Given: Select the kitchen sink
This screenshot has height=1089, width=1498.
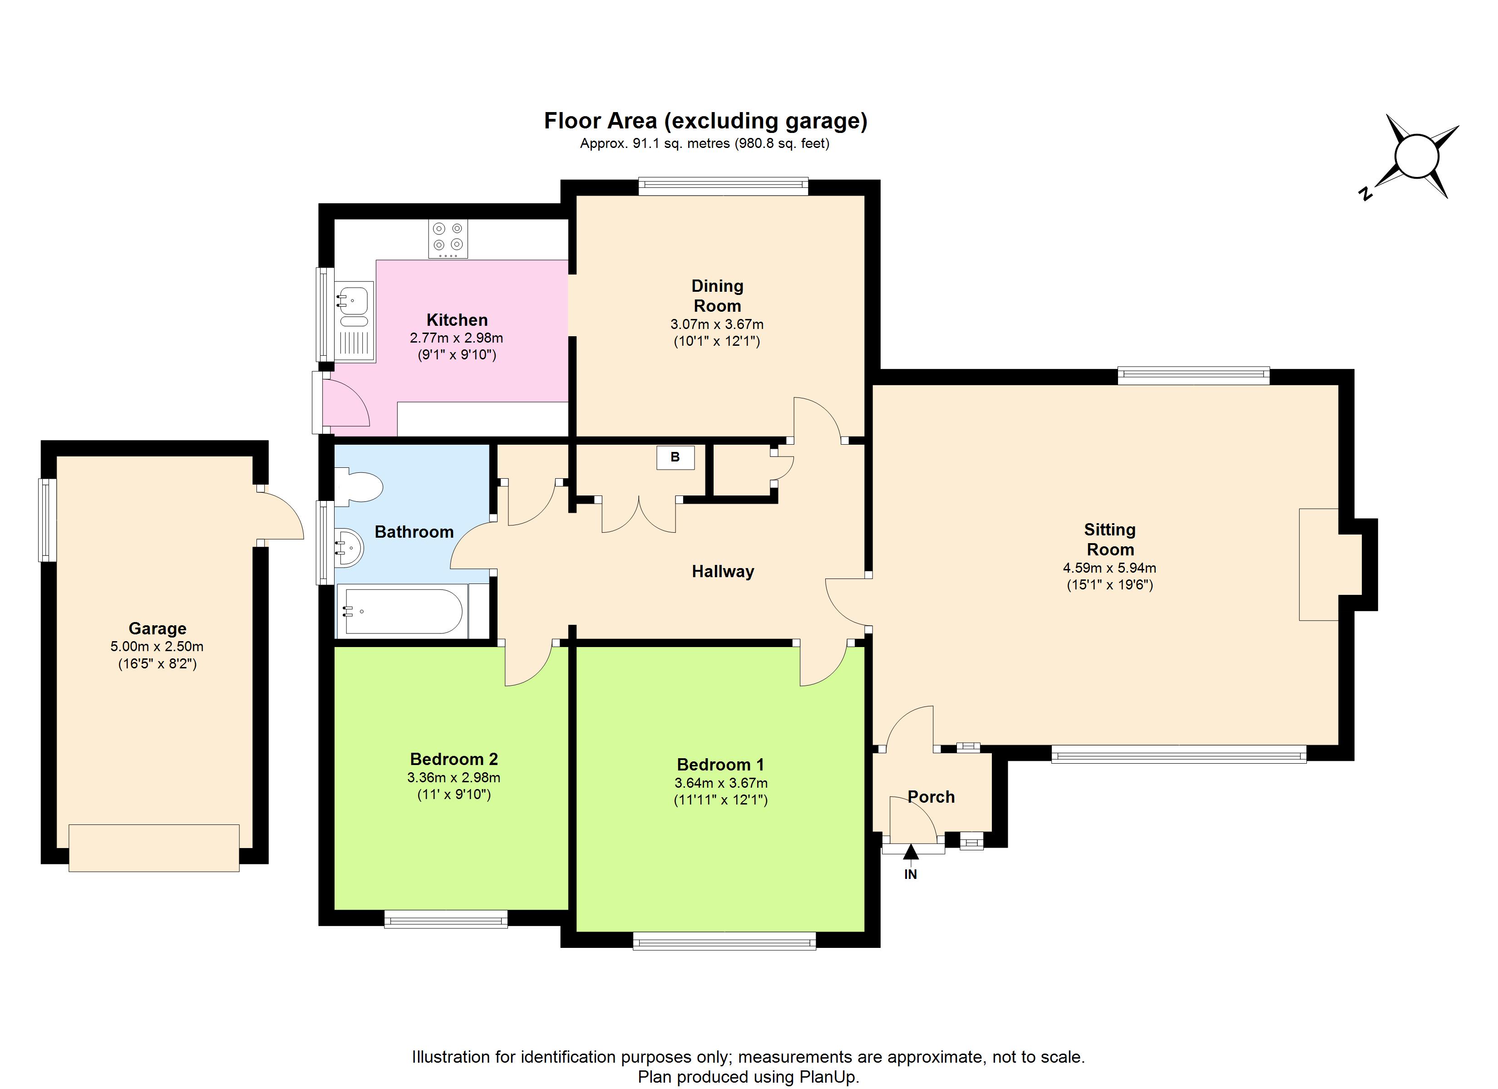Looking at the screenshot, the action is click(355, 322).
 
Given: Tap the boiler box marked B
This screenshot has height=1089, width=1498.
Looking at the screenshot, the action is click(675, 457).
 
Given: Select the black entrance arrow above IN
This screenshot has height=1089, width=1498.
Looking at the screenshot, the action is click(911, 853).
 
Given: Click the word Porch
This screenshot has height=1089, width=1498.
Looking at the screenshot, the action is click(931, 797).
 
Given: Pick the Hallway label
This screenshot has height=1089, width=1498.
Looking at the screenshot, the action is click(723, 571).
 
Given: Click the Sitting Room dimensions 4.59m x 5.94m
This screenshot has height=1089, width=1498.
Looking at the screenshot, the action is click(1109, 568).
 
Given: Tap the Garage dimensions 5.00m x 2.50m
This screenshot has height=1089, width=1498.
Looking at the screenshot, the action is click(157, 647).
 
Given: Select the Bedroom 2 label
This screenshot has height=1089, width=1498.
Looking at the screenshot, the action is click(454, 760).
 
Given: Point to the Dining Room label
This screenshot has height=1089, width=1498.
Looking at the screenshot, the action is click(717, 296).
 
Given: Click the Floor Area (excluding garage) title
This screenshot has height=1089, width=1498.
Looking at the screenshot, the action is click(705, 121).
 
